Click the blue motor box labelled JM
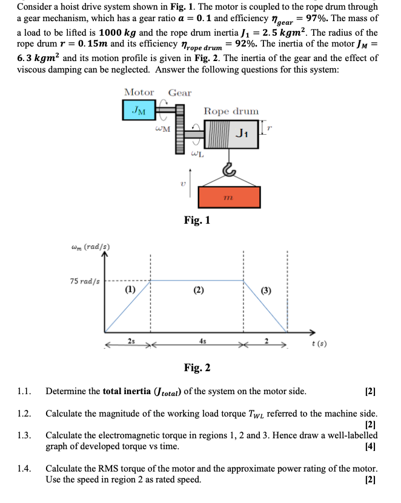139,110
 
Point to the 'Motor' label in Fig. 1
139,92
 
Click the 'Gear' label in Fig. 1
180,92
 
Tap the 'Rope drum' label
231,111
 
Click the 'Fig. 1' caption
197,221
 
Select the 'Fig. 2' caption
197,368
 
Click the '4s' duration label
197,343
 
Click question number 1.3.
26,435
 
